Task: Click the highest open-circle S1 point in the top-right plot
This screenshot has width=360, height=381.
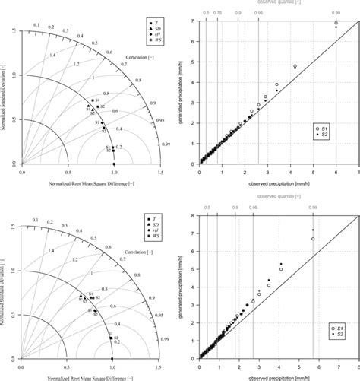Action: [x=336, y=24]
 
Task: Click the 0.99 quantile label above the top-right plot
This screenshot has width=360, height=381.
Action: [x=336, y=12]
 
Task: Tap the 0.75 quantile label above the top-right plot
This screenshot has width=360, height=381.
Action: [x=218, y=12]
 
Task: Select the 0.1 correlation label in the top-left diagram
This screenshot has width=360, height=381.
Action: [x=34, y=25]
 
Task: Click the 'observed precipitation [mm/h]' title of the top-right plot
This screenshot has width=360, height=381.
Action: [x=279, y=183]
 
